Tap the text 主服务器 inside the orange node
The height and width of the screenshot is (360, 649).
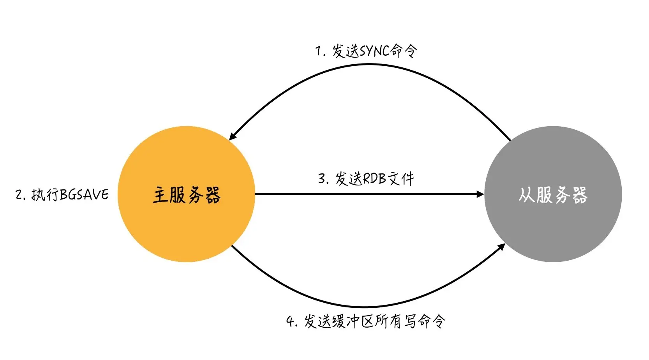click(187, 195)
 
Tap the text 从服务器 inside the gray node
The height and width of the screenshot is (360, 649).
click(553, 195)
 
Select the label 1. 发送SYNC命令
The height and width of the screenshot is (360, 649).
click(366, 51)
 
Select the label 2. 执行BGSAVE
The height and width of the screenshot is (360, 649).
click(62, 194)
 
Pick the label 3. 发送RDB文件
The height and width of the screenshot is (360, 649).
click(366, 179)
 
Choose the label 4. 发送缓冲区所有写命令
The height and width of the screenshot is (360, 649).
click(366, 321)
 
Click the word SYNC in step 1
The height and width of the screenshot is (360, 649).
click(374, 51)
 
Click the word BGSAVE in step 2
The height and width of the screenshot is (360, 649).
click(85, 194)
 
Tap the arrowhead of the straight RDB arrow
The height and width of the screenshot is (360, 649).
click(480, 194)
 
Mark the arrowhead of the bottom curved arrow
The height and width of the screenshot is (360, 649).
click(502, 247)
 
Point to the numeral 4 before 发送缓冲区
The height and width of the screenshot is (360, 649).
click(290, 321)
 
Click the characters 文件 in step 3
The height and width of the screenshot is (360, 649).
click(401, 179)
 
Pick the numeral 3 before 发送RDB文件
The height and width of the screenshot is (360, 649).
click(321, 179)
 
